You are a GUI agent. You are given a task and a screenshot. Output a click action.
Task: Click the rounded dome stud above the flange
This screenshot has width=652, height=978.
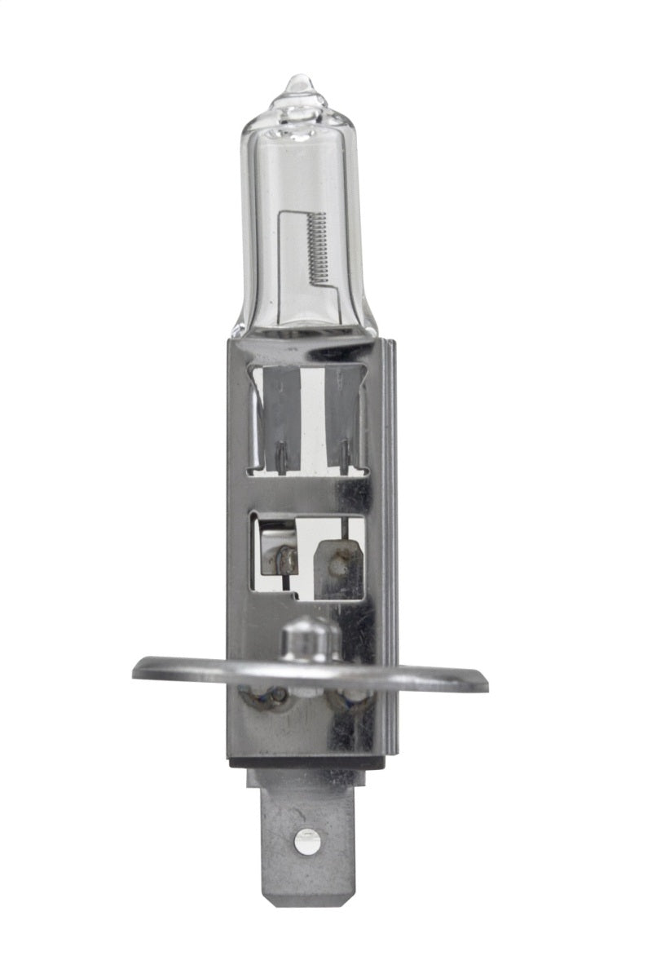pyautogui.click(x=310, y=637)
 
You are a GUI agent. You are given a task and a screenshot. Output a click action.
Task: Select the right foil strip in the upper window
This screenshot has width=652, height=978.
pyautogui.click(x=343, y=416)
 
